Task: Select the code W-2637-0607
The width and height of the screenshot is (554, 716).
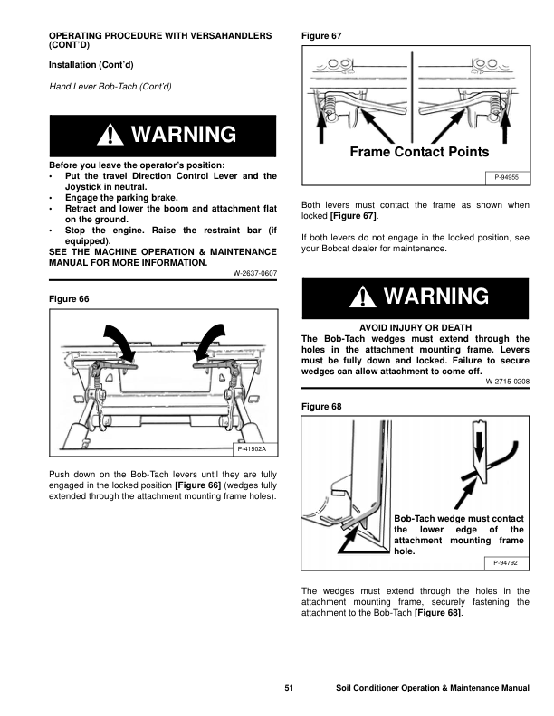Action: click(254, 273)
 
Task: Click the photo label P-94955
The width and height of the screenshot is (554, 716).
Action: click(507, 178)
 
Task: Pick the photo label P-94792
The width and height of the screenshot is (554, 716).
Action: click(507, 562)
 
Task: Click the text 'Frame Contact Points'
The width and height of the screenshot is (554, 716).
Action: click(418, 152)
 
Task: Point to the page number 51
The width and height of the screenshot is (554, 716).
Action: click(289, 689)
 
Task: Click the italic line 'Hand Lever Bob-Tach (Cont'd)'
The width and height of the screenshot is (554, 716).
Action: click(109, 86)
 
